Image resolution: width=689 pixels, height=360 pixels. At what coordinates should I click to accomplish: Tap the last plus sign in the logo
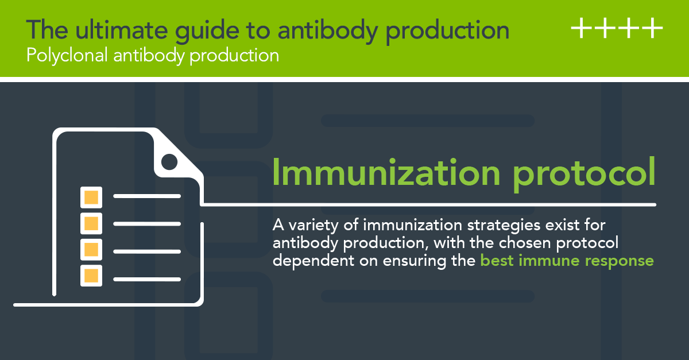[x=652, y=29]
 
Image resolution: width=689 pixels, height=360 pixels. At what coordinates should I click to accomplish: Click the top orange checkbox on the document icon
[x=91, y=197]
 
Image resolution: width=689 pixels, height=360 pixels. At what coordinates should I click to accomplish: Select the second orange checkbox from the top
[x=91, y=223]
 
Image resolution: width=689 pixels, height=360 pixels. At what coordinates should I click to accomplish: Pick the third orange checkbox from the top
[x=91, y=249]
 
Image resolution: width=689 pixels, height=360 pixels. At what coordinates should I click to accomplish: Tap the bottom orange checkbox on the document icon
[x=91, y=275]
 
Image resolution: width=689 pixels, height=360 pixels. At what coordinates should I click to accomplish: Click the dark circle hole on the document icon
[x=169, y=162]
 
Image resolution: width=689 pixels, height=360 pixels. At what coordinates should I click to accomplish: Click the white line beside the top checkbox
[x=148, y=197]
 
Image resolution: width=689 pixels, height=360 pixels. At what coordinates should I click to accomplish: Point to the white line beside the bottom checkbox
[x=148, y=280]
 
